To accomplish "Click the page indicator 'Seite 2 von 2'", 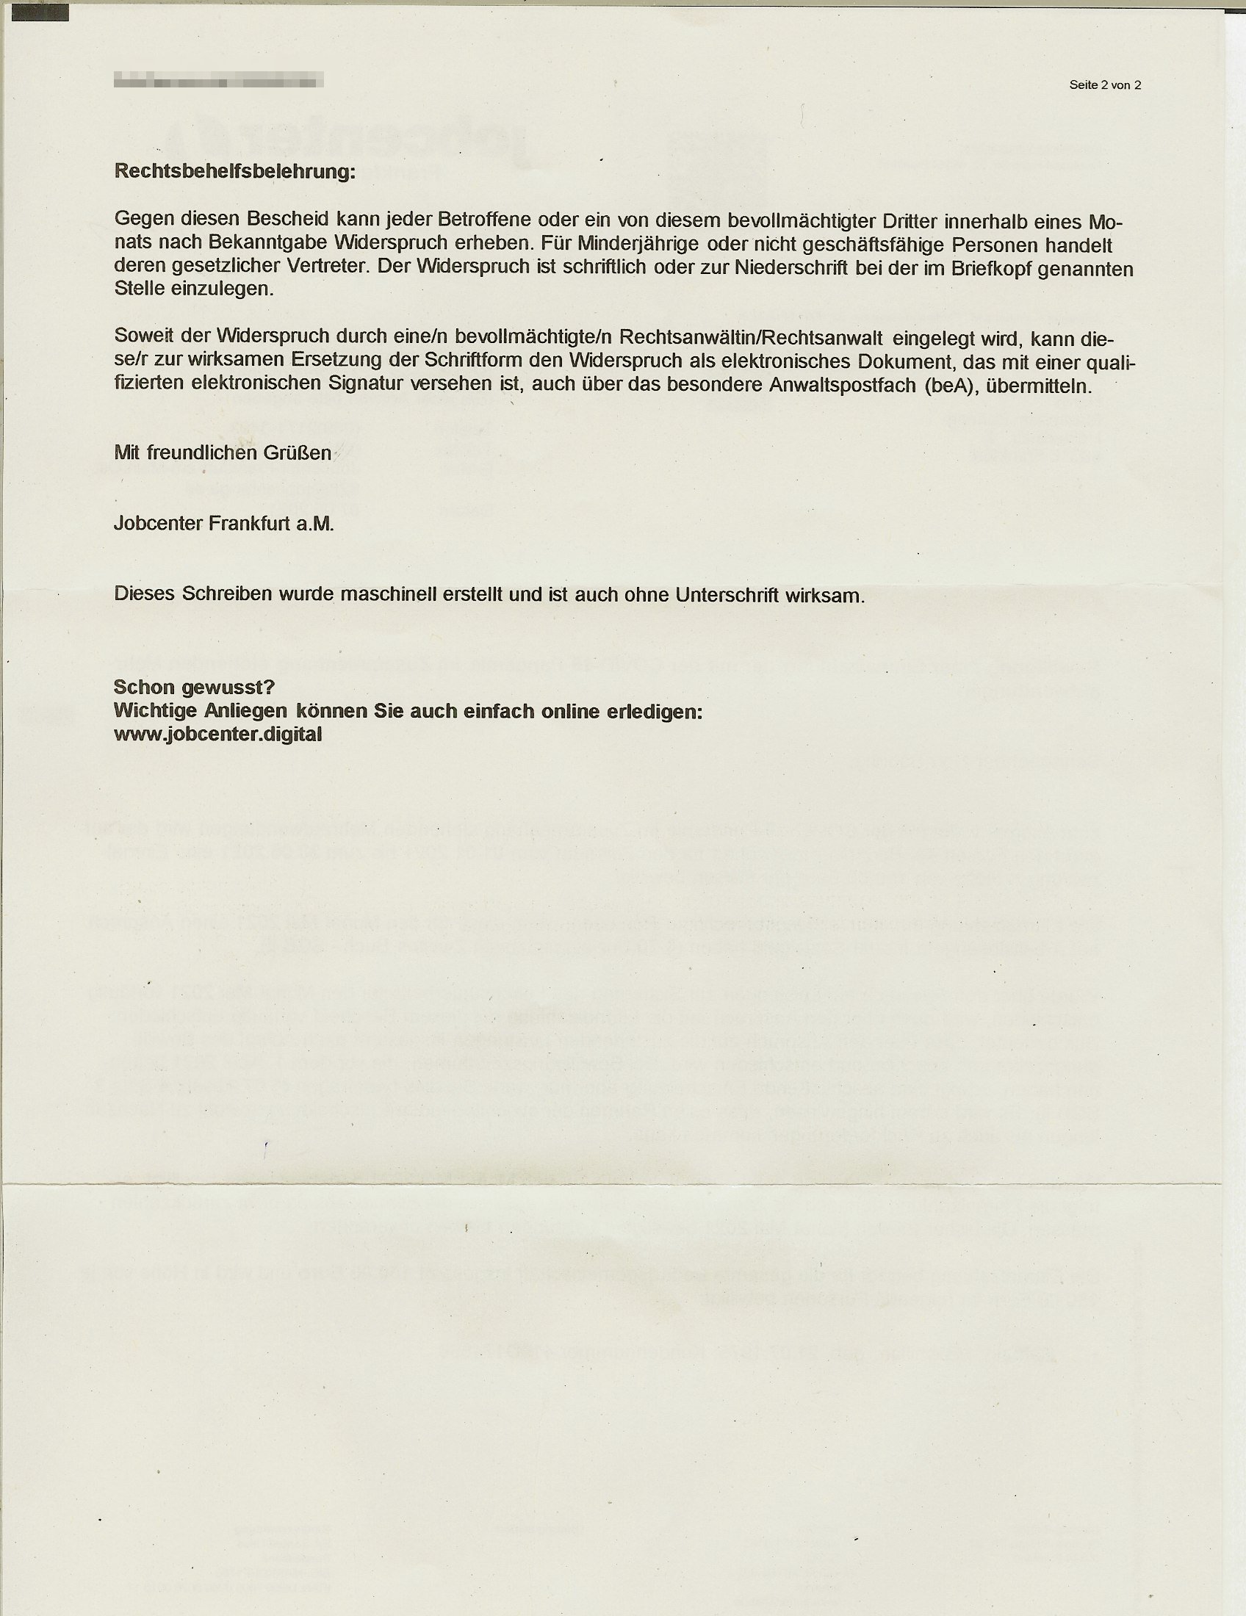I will [x=1105, y=85].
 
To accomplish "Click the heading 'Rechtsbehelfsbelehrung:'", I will [x=234, y=172].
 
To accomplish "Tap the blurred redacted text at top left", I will [x=218, y=80].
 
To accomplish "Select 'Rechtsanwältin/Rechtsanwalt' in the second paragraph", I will [x=751, y=337].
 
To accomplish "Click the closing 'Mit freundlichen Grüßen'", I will [x=223, y=452].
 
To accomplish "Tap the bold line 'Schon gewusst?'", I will [x=195, y=688].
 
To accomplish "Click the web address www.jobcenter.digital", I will [x=217, y=734].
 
